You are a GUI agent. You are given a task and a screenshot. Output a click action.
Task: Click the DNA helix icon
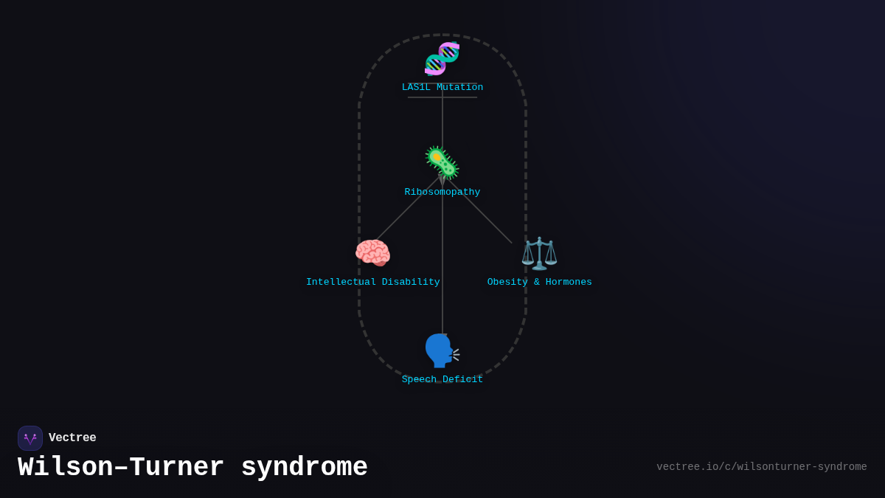(x=442, y=59)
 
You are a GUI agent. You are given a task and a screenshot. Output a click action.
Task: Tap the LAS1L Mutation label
(x=442, y=88)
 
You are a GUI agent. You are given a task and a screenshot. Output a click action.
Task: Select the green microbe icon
(x=442, y=162)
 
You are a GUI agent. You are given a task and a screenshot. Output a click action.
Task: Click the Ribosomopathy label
(x=442, y=193)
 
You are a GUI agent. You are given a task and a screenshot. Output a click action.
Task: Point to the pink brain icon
(x=372, y=253)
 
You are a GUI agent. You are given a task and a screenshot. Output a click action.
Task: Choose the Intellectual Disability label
(x=373, y=283)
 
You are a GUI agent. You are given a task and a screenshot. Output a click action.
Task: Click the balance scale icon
(x=539, y=253)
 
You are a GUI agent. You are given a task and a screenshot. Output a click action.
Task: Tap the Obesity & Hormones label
(x=539, y=283)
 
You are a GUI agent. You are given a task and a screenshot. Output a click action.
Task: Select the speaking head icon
(x=441, y=350)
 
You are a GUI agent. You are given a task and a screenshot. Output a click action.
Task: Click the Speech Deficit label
(x=442, y=380)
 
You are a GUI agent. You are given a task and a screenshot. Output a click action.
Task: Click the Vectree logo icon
(x=30, y=438)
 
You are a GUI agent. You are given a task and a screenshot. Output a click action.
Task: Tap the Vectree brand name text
(x=72, y=438)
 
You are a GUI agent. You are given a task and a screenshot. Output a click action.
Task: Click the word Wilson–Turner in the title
(x=121, y=468)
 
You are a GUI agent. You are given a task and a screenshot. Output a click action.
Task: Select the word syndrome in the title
(x=304, y=468)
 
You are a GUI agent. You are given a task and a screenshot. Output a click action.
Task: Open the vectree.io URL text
(x=761, y=467)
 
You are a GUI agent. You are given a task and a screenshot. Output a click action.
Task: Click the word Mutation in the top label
(x=459, y=88)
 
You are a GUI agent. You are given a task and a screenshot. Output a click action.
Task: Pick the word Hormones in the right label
(x=567, y=283)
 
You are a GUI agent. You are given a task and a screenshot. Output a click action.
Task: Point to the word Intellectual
(x=341, y=283)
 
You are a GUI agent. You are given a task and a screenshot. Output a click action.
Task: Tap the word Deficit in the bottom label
(x=462, y=380)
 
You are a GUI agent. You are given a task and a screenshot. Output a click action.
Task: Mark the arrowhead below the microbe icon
(x=442, y=181)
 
